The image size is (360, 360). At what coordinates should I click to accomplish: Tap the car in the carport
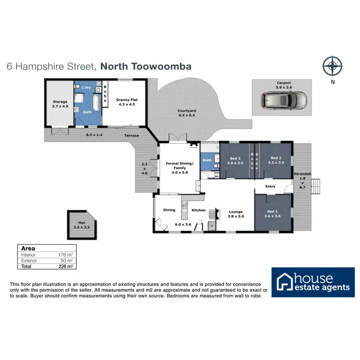[283, 100]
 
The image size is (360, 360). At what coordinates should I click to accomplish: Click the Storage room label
[60, 104]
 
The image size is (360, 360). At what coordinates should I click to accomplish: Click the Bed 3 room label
[235, 160]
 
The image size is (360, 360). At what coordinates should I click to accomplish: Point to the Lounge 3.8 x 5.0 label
[236, 214]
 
